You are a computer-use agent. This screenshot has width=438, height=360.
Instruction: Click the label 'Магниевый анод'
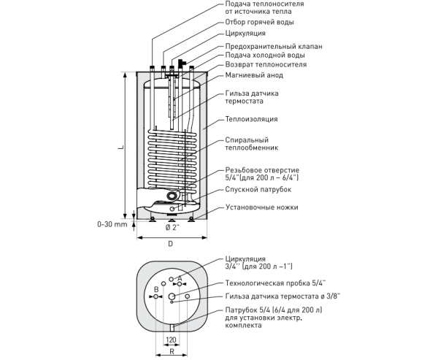254,75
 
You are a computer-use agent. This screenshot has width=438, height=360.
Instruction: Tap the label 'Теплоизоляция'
251,119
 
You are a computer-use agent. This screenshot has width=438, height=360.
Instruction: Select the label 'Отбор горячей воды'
259,22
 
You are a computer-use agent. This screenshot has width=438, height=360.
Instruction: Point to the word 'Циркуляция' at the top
245,34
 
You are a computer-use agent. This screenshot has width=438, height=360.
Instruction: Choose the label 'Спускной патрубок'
258,190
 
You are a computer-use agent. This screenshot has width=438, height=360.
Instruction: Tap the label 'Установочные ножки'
262,207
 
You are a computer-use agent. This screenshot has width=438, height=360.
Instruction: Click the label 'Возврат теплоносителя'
266,64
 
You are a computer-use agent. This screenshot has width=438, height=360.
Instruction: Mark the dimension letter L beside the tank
120,147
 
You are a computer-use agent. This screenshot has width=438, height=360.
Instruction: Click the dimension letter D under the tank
170,244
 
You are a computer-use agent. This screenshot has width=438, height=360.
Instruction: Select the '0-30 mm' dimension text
112,224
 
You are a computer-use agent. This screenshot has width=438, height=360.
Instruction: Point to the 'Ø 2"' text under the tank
172,228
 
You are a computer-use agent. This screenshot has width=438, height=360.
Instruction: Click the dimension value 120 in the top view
171,340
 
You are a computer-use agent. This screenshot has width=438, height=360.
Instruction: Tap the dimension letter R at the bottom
172,352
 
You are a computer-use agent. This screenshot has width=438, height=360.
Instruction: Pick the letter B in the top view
156,290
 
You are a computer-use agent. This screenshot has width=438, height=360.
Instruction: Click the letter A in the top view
180,278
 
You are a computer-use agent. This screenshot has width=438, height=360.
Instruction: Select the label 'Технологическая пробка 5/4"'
276,283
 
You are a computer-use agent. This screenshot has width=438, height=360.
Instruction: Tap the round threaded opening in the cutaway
172,196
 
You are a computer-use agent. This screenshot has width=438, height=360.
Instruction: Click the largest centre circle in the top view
172,296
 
